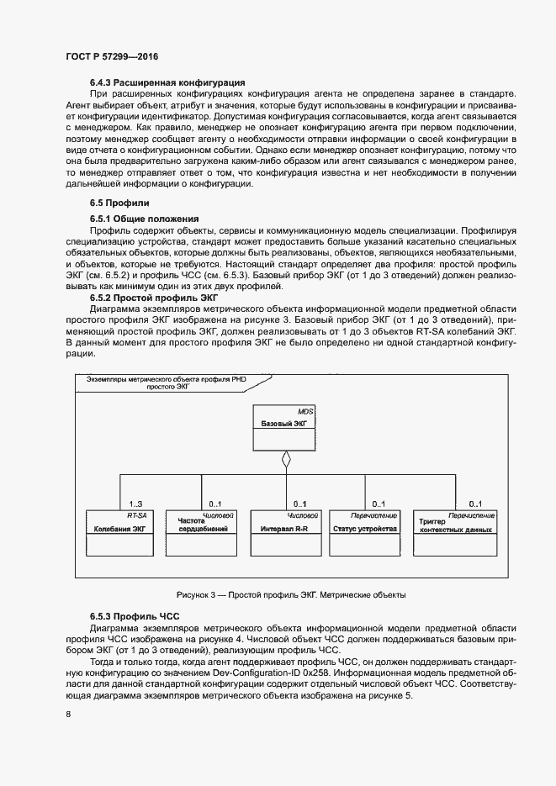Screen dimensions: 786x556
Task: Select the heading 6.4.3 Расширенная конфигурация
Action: [167, 82]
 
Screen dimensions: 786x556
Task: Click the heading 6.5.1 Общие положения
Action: [144, 218]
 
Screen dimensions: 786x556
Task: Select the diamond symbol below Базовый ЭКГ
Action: [286, 460]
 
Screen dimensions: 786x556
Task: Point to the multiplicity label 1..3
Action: [135, 503]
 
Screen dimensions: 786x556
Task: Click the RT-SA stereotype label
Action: [138, 514]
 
